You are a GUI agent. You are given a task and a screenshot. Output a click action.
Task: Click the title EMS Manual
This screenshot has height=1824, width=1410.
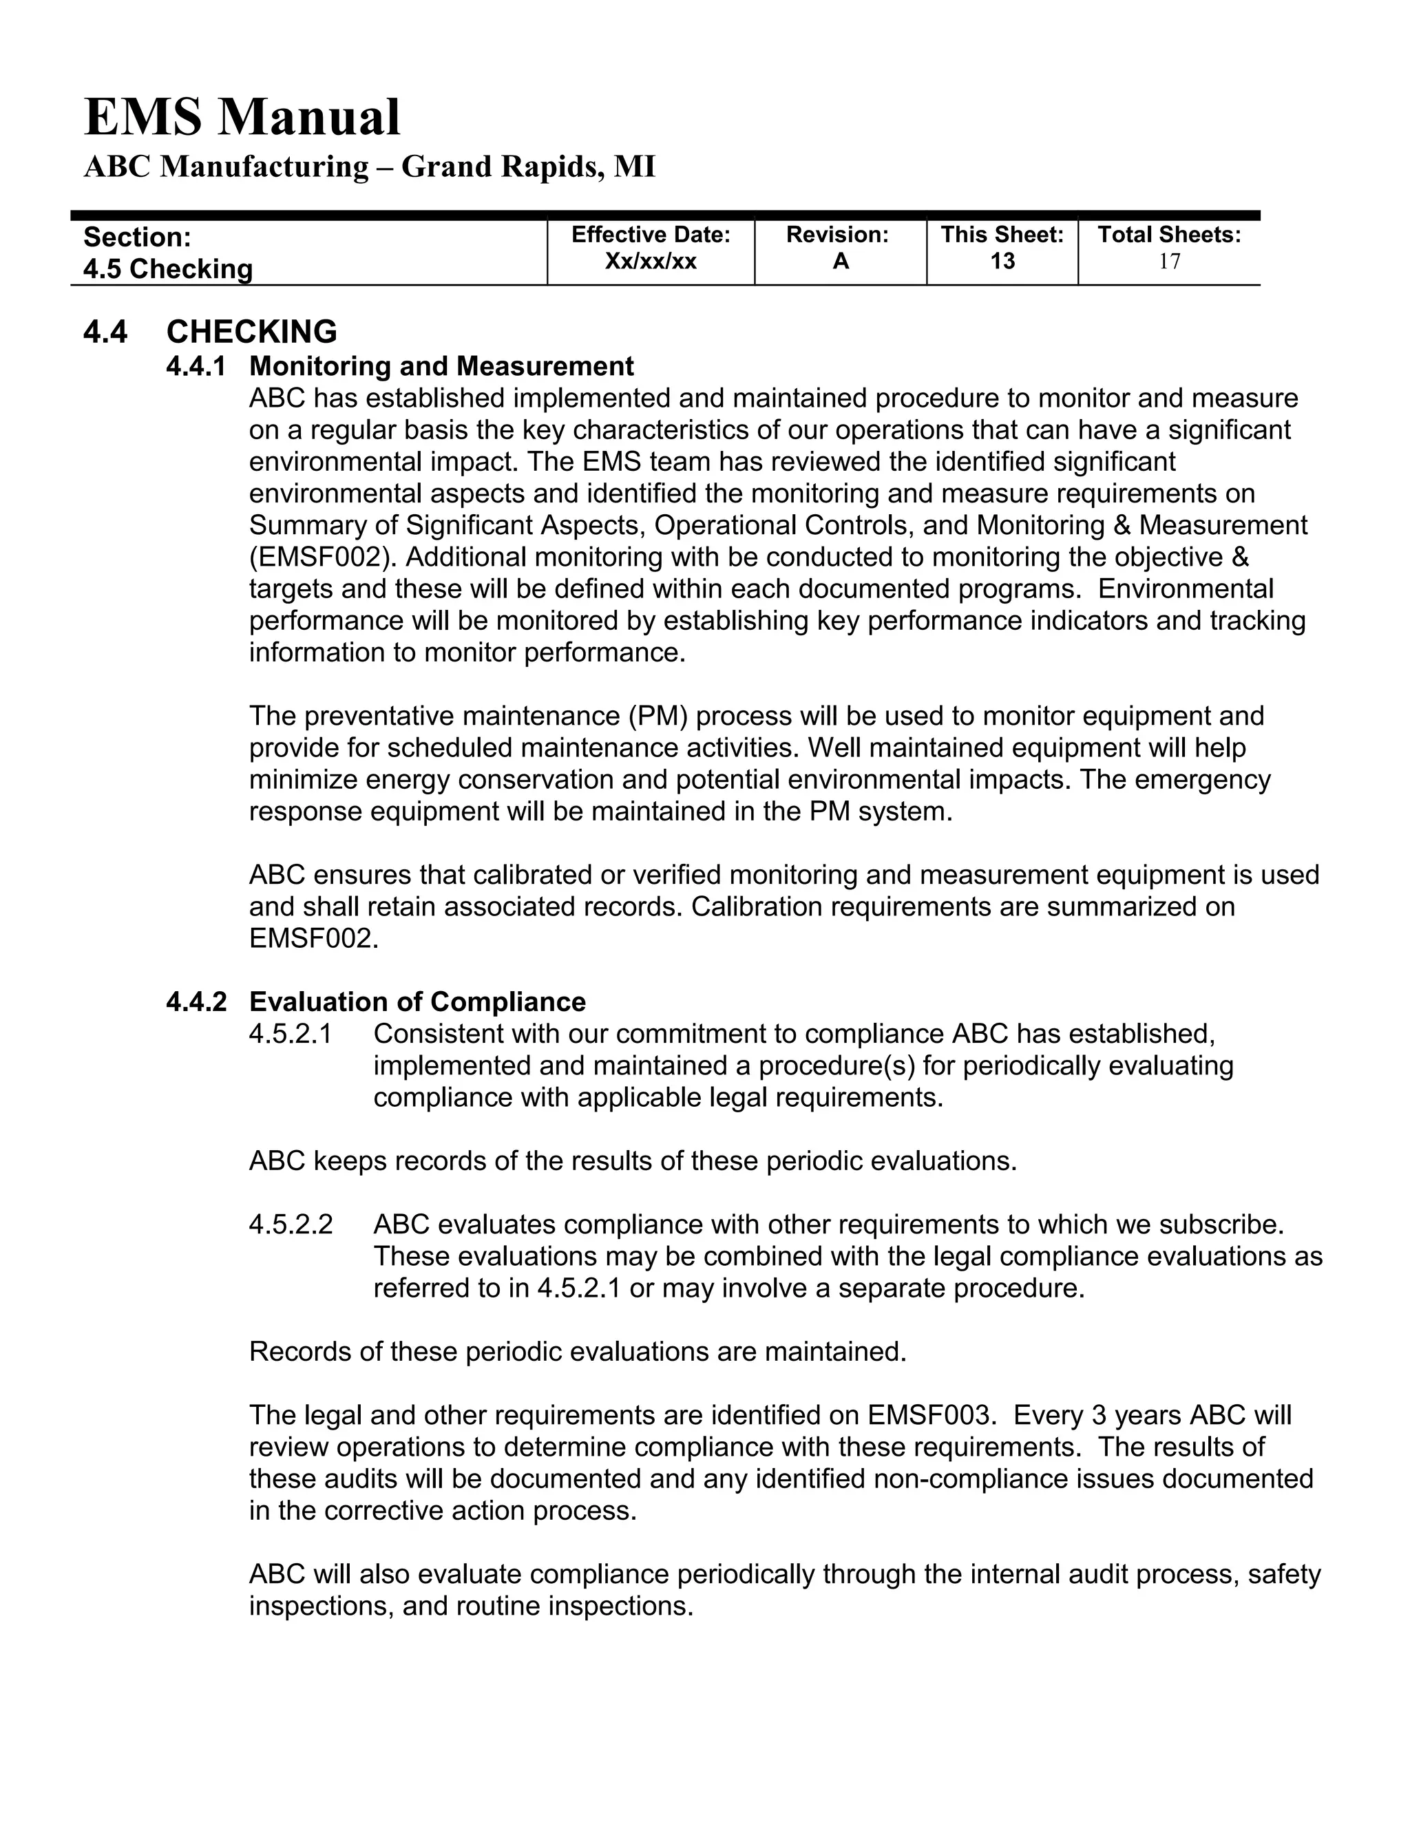coord(242,117)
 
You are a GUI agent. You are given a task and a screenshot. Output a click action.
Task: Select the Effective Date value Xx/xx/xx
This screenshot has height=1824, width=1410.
coord(650,262)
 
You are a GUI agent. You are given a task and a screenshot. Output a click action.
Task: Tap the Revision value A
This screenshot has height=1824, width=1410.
coord(841,262)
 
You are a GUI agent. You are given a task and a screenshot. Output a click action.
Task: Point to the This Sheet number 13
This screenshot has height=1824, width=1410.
coord(1002,262)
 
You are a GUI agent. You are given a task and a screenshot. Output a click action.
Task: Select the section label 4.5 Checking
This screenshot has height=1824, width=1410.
coord(168,269)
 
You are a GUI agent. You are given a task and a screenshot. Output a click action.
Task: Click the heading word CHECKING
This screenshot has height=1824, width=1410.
coord(251,332)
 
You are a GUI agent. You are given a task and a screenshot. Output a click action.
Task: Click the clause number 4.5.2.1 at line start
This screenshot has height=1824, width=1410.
coord(291,1034)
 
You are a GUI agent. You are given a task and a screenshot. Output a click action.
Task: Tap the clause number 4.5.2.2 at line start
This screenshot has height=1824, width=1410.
coord(291,1224)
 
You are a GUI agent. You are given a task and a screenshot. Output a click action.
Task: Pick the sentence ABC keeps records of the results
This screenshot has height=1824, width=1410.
coord(632,1161)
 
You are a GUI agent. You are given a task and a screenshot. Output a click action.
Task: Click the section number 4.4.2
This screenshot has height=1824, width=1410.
coord(196,1001)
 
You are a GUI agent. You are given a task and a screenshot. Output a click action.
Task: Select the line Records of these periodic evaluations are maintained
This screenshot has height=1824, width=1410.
coord(577,1351)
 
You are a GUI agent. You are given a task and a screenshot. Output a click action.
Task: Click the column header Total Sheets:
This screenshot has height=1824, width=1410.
coord(1168,235)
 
